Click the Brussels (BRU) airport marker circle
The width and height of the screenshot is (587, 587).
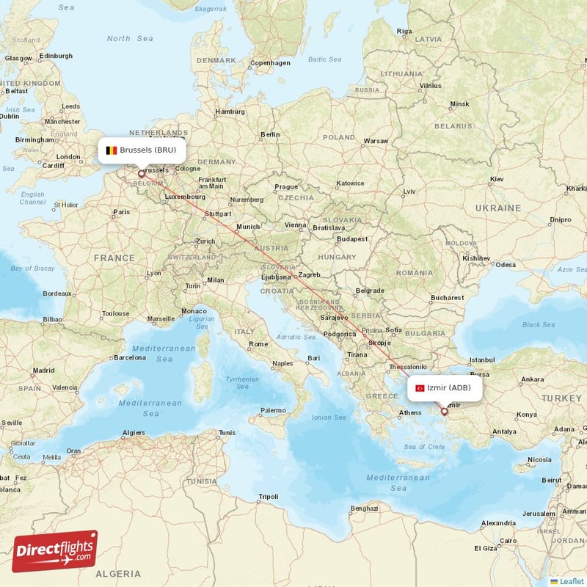click(x=142, y=174)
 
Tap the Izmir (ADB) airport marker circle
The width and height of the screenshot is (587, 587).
click(x=444, y=412)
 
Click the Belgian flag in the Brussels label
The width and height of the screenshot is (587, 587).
click(x=112, y=150)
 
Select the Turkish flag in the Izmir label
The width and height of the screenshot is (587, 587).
click(x=420, y=388)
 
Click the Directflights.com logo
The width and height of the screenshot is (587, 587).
click(x=55, y=551)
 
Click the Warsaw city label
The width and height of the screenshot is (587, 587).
click(x=376, y=140)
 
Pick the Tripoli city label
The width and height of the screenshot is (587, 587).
click(x=269, y=497)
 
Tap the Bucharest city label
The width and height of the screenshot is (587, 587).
click(x=448, y=298)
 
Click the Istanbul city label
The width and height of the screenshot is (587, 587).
click(x=483, y=360)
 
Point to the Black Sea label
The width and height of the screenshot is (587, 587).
click(x=539, y=324)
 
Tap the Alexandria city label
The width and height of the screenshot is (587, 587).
click(x=498, y=523)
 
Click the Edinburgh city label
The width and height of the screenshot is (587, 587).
click(x=56, y=56)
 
